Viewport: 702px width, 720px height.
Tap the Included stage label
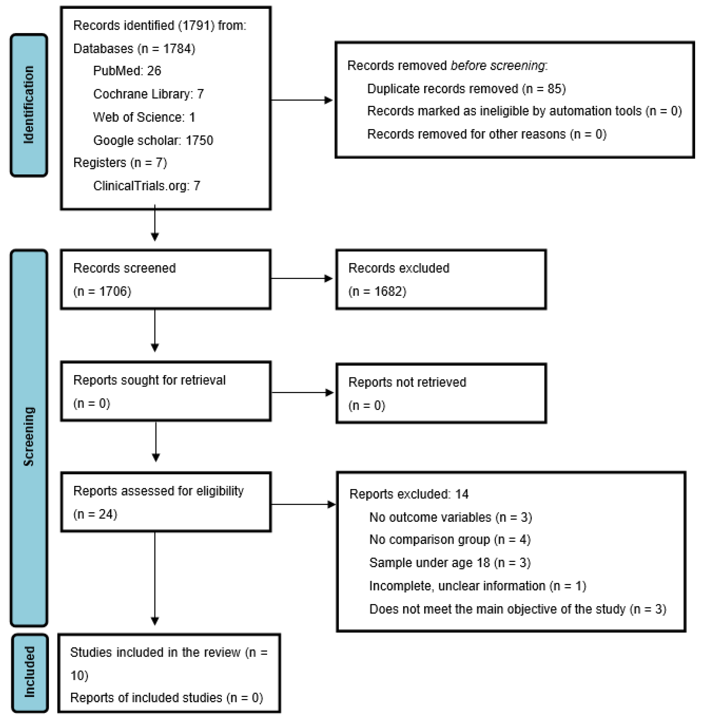tap(30, 673)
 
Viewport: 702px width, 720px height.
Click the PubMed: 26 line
tap(127, 70)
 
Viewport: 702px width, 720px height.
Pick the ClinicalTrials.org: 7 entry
tap(146, 186)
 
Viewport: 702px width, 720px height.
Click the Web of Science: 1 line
tap(144, 117)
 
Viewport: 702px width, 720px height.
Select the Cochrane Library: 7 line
tap(148, 94)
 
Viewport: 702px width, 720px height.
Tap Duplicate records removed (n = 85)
tap(466, 89)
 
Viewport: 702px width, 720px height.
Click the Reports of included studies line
tap(166, 697)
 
